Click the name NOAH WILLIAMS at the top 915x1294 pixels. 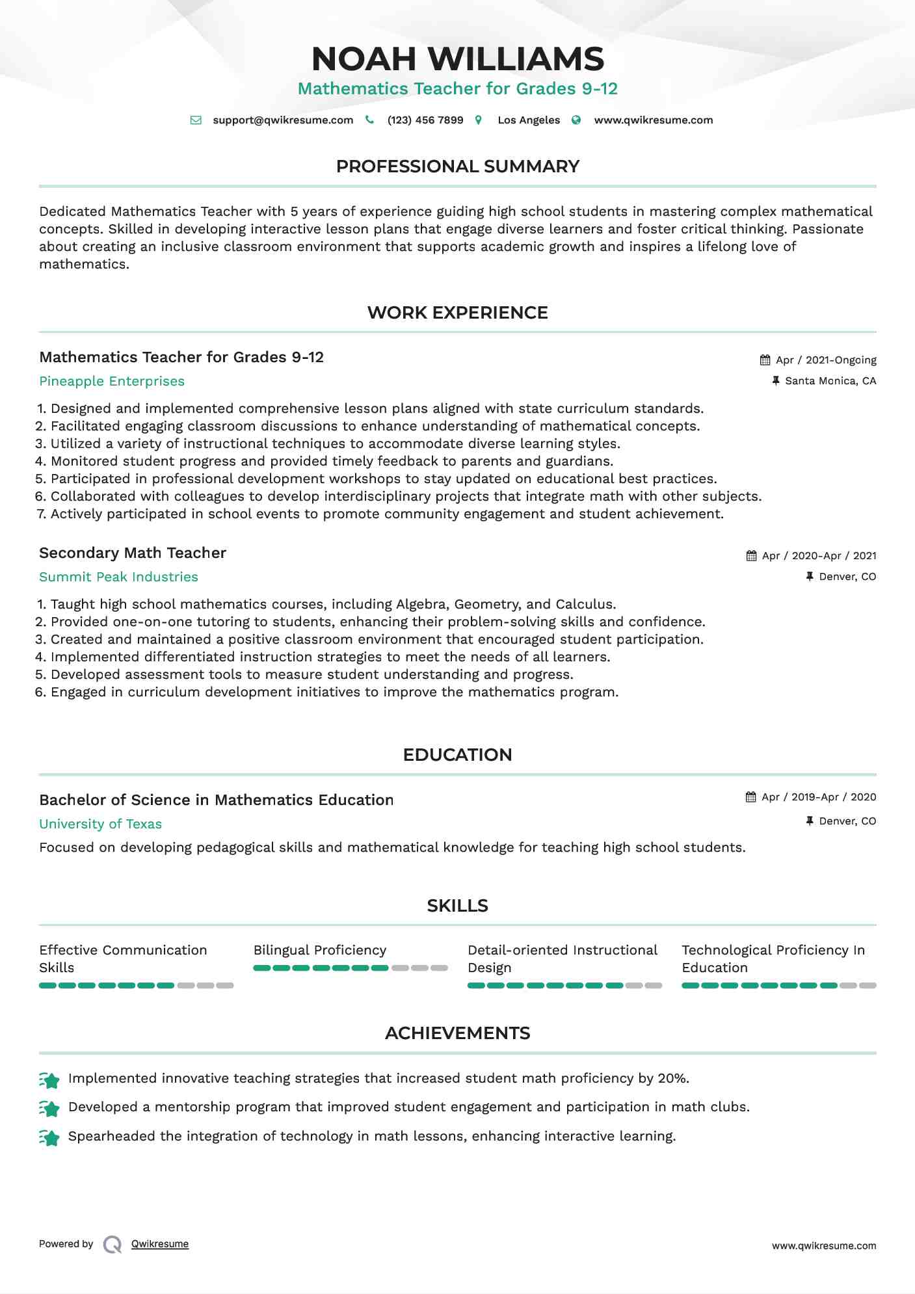click(x=457, y=59)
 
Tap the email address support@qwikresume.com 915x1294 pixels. click(x=283, y=120)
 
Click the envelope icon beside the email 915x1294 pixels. click(x=196, y=120)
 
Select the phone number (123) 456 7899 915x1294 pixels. click(x=425, y=120)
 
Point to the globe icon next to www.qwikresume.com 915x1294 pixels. click(x=576, y=120)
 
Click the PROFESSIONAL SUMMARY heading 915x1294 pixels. click(x=457, y=166)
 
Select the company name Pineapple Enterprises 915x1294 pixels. click(x=112, y=382)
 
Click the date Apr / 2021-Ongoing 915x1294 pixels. click(x=826, y=360)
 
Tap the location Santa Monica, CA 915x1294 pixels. click(x=830, y=381)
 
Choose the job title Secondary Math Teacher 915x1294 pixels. click(x=133, y=553)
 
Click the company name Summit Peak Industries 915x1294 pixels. click(x=118, y=577)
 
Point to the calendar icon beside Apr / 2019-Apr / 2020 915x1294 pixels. click(x=751, y=797)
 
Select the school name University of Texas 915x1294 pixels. click(x=100, y=825)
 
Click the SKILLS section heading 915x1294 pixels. click(x=457, y=906)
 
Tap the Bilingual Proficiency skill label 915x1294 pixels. click(x=320, y=951)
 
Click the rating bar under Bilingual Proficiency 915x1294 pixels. click(x=351, y=968)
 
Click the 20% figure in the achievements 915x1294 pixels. click(x=672, y=1079)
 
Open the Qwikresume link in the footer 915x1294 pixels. click(x=160, y=1244)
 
